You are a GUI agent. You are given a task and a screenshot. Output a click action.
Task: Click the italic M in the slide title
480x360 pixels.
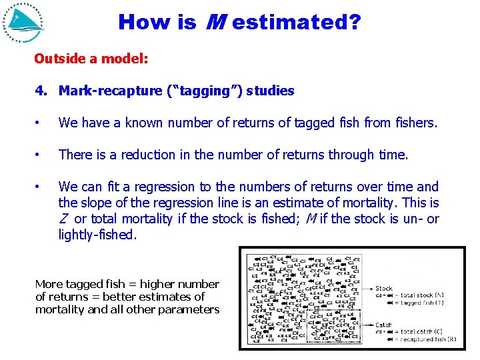click(x=215, y=23)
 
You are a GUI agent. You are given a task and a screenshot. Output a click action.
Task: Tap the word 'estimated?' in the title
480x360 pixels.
click(x=297, y=23)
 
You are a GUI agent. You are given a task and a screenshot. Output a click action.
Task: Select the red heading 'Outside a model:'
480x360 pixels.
click(x=91, y=59)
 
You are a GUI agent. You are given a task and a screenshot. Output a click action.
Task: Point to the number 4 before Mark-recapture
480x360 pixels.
click(x=39, y=91)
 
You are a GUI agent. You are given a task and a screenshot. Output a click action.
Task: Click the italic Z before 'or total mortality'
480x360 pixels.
click(x=63, y=219)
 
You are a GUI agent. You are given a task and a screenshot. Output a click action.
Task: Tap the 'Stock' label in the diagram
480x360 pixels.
click(x=384, y=289)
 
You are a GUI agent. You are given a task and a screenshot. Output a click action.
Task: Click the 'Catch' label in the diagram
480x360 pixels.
click(x=385, y=325)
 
